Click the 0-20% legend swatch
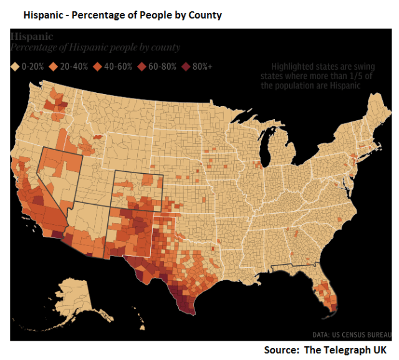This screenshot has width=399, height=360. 14,65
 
